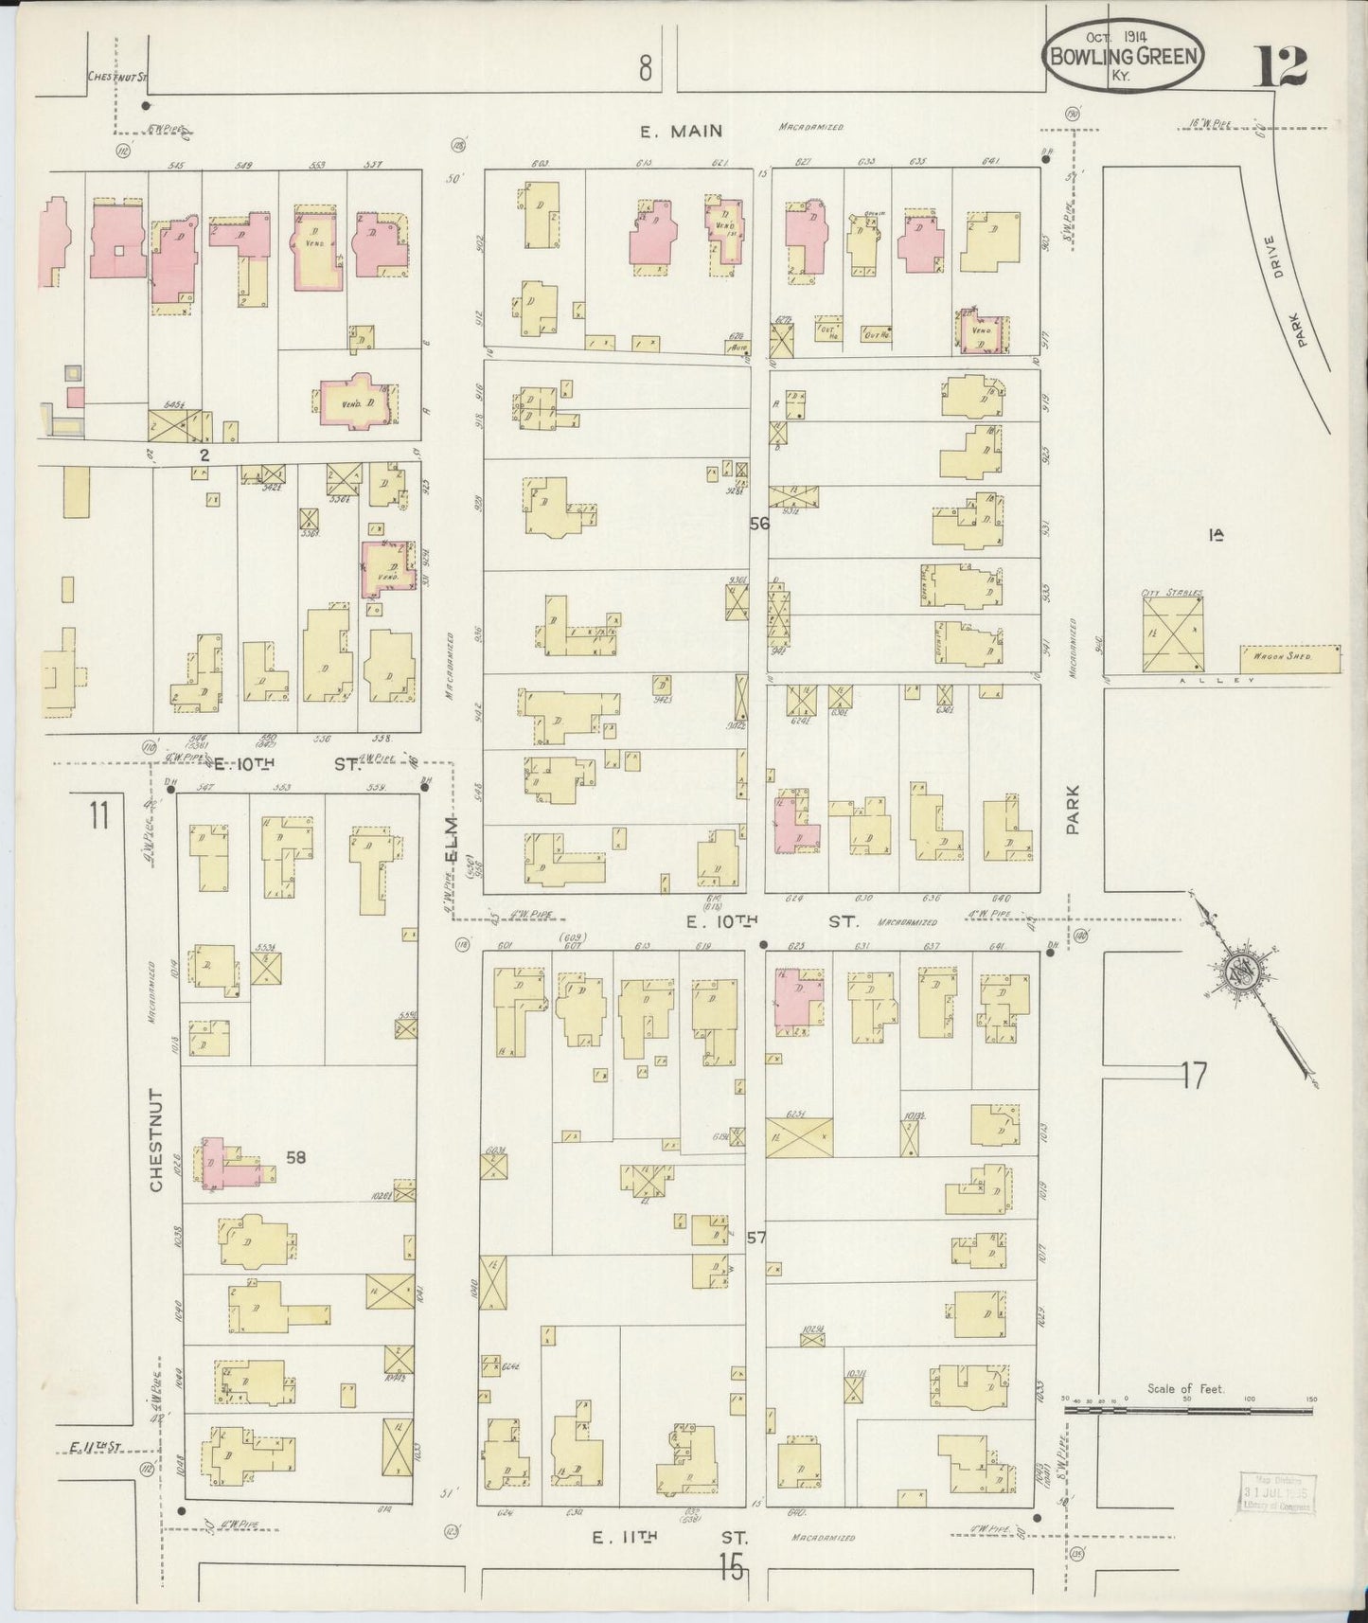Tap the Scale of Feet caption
click(1185, 1389)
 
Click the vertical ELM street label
click(453, 839)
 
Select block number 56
click(759, 523)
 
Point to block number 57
click(755, 1238)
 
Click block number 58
click(296, 1157)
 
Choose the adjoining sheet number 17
click(1194, 1075)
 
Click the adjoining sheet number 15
click(731, 1567)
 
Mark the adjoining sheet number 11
click(99, 814)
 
